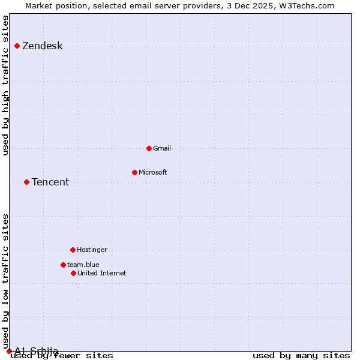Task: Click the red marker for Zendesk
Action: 17,46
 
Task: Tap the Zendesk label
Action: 42,46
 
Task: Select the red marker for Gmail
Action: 149,148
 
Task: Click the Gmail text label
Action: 162,149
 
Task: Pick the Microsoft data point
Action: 134,172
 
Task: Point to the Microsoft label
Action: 152,173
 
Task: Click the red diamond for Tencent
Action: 26,182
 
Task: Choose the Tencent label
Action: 50,182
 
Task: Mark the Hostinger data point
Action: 73,250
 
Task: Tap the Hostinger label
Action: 92,250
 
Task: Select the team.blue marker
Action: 63,265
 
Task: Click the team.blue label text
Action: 83,265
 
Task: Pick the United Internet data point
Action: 73,273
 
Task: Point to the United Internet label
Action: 102,274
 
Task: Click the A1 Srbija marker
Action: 9,351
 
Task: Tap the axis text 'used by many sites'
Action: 301,356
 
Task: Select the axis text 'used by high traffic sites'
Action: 6,85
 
